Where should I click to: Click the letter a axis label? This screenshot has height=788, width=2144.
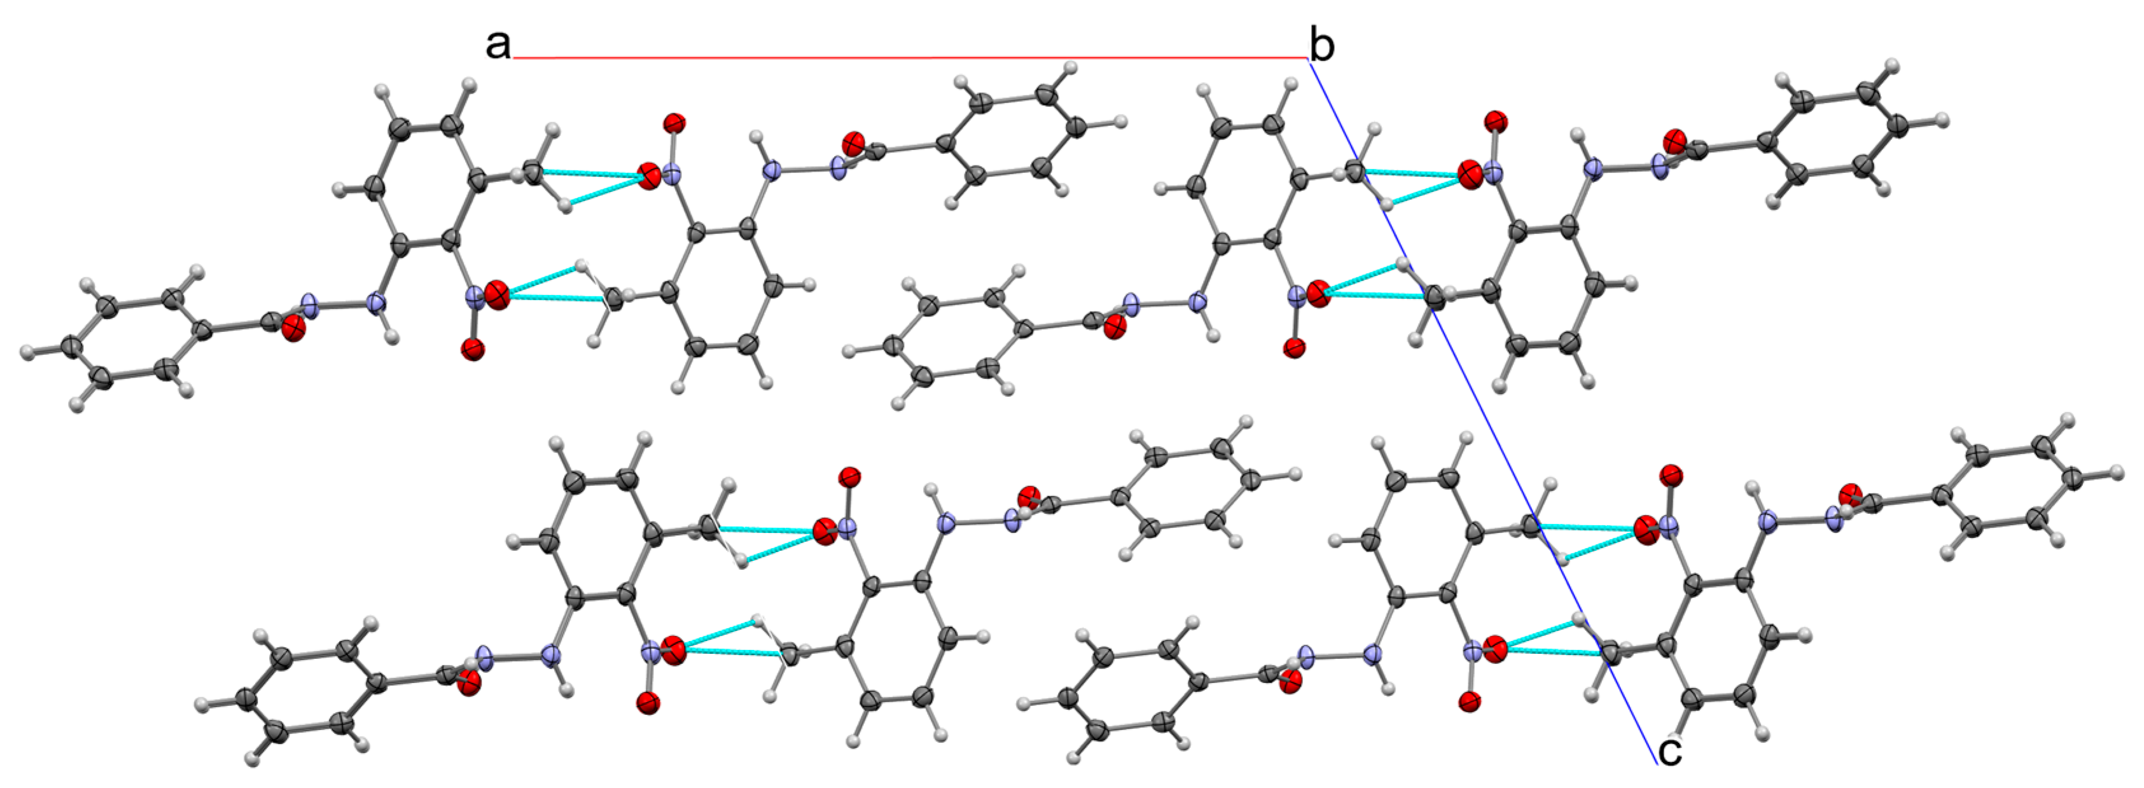[498, 44]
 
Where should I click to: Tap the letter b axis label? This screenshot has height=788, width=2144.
[1321, 45]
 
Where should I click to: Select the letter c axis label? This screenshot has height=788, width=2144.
[1669, 750]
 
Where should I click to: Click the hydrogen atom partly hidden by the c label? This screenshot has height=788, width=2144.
[1680, 736]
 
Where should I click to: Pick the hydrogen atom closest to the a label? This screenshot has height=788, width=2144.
[470, 84]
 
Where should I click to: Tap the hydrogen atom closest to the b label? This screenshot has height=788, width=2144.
[1291, 84]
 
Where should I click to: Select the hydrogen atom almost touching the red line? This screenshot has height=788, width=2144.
[1071, 67]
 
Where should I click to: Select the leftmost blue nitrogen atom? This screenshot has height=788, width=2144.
[310, 305]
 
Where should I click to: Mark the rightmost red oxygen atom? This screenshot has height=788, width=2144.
[1850, 494]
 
